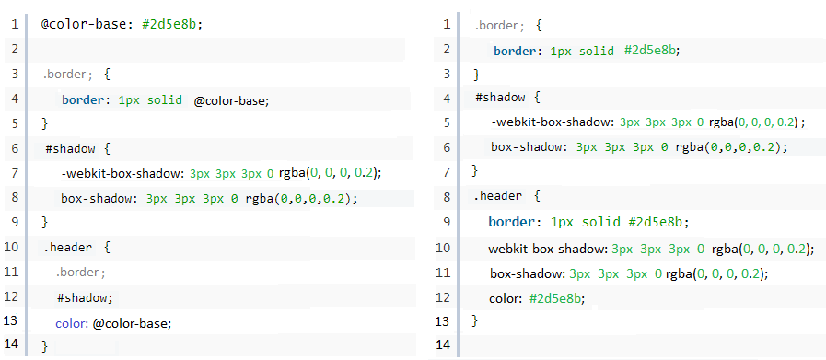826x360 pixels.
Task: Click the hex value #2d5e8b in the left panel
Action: click(171, 23)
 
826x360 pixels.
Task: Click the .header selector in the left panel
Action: click(64, 247)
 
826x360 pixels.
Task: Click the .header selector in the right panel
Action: click(497, 196)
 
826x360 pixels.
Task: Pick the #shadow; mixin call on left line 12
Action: click(84, 296)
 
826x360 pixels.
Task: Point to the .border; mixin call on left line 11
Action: click(80, 272)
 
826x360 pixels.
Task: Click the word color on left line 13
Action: click(70, 321)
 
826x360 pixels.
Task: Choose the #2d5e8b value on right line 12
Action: click(557, 296)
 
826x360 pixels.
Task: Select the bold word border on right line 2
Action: click(518, 50)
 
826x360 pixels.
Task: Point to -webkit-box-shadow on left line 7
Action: click(122, 172)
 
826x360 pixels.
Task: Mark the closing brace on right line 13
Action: click(475, 320)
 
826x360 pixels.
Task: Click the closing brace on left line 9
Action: click(44, 222)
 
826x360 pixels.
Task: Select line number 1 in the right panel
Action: click(447, 23)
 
